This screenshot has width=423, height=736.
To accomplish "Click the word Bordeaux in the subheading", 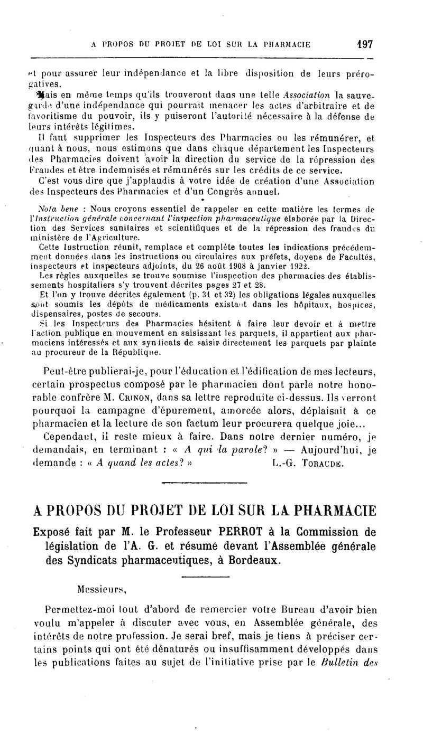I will tap(255, 560).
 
